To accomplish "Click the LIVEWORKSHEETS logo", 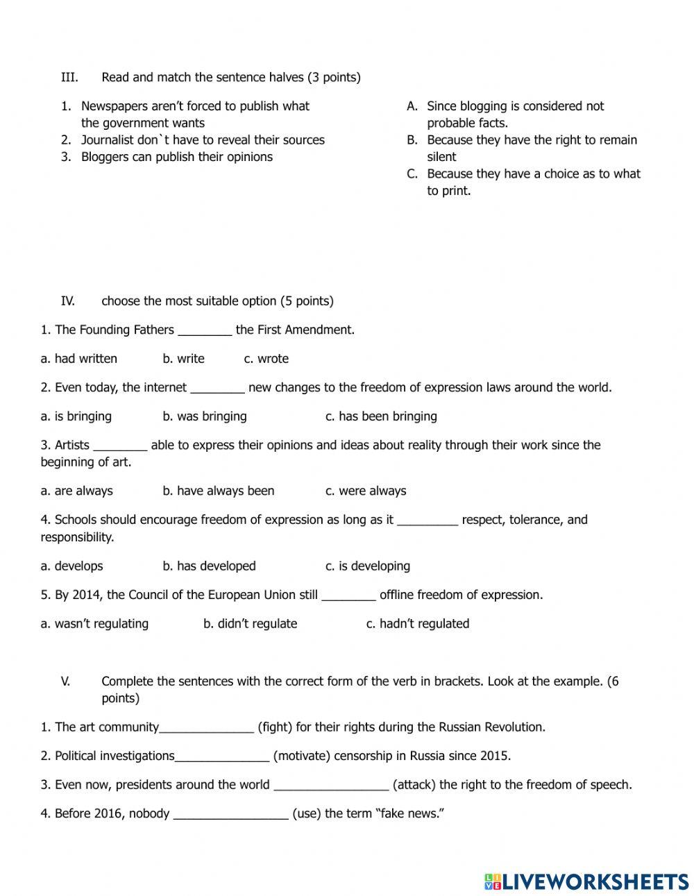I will (x=586, y=881).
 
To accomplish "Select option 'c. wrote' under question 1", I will (x=266, y=359).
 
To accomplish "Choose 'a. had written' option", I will (x=78, y=359).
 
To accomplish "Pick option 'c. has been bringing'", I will (x=381, y=416).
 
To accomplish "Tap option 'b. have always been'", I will (x=219, y=491).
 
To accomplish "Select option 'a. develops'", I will (x=71, y=566).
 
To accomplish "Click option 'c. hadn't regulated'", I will (x=417, y=624).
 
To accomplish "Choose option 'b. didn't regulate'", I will (x=250, y=624).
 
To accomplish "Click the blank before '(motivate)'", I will (x=222, y=756).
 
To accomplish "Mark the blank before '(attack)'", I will (x=331, y=786).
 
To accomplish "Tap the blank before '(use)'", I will (x=230, y=814).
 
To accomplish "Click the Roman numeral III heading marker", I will (x=69, y=77).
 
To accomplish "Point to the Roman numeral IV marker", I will (x=68, y=301).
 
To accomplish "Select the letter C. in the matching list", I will (x=412, y=174).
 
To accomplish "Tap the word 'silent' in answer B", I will (x=441, y=157).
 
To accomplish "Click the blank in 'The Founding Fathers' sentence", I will (x=205, y=330).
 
